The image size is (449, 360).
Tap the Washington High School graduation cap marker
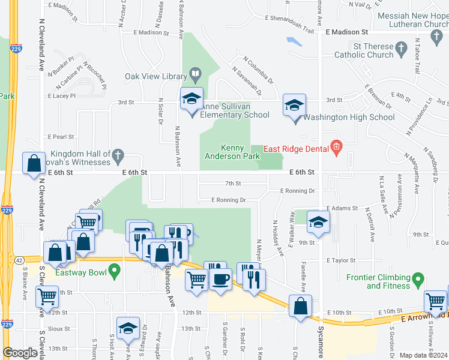click(295, 106)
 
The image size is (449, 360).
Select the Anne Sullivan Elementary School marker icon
click(191, 99)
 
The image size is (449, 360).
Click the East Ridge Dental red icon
click(336, 146)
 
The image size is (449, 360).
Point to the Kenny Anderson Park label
click(240, 152)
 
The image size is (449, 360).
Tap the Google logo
click(20, 353)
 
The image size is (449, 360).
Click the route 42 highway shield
click(20, 260)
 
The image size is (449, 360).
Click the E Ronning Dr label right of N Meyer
click(297, 191)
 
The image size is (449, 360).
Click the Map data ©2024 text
click(423, 355)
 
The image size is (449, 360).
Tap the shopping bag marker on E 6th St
click(34, 163)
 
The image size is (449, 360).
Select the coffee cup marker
click(221, 279)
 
